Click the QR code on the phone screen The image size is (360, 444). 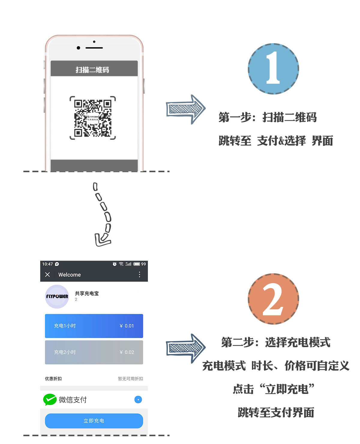coord(93,118)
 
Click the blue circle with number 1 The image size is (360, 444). coord(273,69)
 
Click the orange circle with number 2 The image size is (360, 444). coord(273,299)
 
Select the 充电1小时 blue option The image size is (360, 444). coord(94,326)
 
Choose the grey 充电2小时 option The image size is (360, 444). coord(94,352)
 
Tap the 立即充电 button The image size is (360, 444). coord(94,421)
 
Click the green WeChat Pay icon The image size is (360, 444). coord(50,399)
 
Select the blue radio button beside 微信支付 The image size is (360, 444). coord(138,400)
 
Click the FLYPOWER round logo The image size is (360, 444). coord(57,296)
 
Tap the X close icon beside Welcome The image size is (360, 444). coord(47,274)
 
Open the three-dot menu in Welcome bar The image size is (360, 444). coord(139,274)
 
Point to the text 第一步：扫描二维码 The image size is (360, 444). coord(267,117)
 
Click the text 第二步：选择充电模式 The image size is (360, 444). coord(275,342)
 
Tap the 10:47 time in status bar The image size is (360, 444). coord(47,264)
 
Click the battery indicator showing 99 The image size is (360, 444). coord(139,264)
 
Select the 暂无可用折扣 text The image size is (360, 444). coord(130,379)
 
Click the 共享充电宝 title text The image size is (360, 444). coord(87,293)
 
